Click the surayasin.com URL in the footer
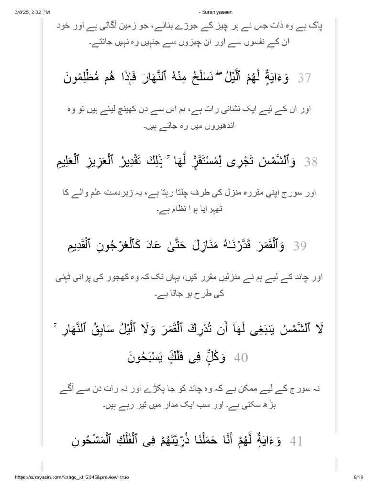(x=66, y=477)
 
